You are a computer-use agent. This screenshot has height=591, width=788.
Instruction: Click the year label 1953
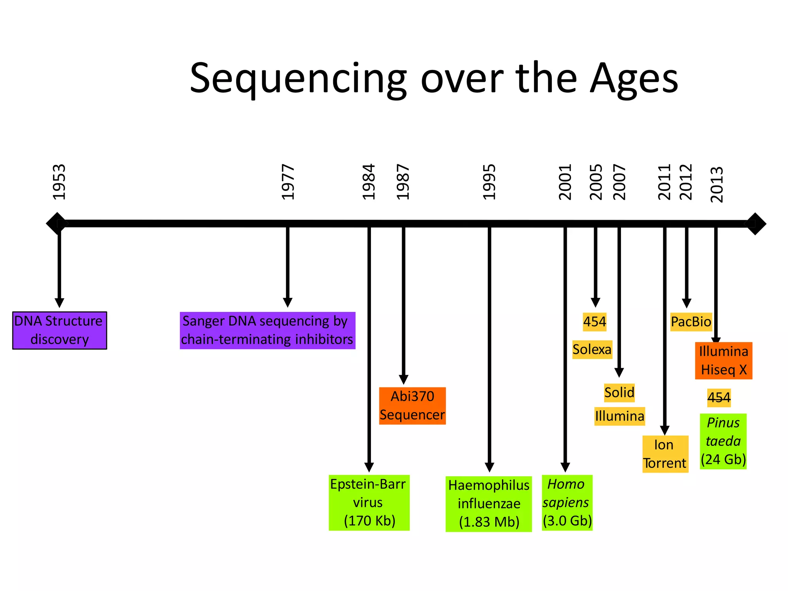point(59,182)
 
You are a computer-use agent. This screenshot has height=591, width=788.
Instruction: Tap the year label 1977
point(288,182)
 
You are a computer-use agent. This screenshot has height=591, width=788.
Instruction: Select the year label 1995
point(489,182)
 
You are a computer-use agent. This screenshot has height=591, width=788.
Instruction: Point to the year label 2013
point(717,185)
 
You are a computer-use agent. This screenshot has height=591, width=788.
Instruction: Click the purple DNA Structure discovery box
point(60,331)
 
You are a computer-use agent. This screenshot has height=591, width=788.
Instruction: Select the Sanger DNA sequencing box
point(267,331)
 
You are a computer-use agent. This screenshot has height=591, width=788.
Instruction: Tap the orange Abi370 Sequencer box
point(412,406)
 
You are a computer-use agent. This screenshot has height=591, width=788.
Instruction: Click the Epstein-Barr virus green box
point(369,503)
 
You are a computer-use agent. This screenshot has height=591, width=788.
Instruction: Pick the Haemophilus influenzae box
point(489,504)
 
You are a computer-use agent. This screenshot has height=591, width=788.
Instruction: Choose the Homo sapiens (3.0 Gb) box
point(567,503)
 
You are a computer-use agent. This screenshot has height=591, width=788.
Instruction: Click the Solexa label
point(592,349)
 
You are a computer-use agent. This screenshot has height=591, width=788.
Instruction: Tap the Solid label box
point(619,393)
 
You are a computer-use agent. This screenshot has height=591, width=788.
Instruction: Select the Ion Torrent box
point(665,454)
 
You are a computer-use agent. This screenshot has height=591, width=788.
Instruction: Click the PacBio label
point(691,322)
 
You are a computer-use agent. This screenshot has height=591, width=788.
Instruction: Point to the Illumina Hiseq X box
point(723,361)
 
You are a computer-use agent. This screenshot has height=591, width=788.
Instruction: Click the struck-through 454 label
point(719,397)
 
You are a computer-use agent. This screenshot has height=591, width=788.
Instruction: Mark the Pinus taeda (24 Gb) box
point(723,441)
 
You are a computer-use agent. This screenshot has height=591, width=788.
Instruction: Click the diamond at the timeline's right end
point(755,224)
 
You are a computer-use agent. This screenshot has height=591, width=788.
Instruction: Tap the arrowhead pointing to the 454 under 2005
point(595,302)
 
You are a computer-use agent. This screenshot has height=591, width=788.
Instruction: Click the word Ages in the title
point(634,79)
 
